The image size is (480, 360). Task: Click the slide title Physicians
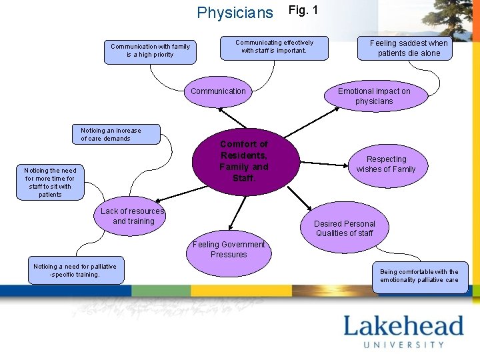(x=235, y=13)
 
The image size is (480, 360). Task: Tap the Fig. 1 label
(x=303, y=10)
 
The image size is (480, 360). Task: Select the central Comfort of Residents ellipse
(x=243, y=161)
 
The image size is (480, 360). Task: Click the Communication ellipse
(x=218, y=92)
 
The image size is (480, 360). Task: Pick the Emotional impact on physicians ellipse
(x=375, y=97)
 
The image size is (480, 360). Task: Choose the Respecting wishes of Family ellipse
(x=386, y=165)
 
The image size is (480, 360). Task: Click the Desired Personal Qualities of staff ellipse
(x=345, y=229)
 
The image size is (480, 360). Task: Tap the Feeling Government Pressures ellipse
(x=229, y=250)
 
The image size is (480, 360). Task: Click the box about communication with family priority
(x=150, y=51)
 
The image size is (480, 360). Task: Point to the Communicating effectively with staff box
(x=274, y=47)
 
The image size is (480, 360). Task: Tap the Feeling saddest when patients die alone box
(x=409, y=48)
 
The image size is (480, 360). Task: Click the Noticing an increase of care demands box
(x=115, y=135)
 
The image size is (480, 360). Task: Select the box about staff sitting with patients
(x=50, y=182)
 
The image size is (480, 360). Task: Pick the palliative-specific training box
(x=75, y=271)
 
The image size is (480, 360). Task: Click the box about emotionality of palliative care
(x=419, y=276)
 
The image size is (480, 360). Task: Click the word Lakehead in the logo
(x=403, y=327)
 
